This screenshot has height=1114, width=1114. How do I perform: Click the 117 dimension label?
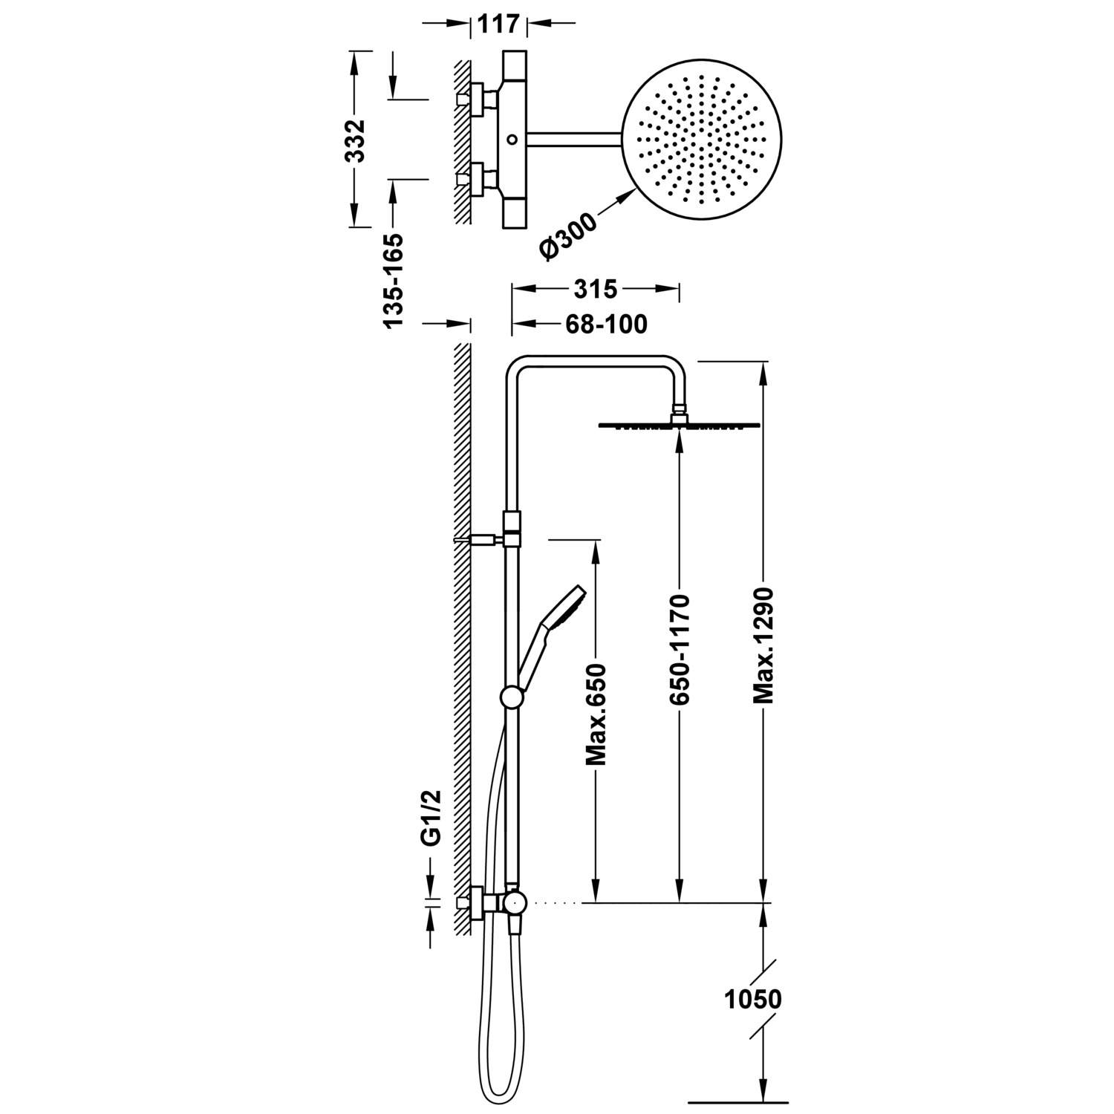(x=498, y=24)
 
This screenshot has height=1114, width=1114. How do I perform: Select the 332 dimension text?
(x=358, y=140)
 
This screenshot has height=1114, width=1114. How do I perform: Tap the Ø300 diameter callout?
(x=570, y=235)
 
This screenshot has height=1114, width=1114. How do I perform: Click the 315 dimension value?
(x=596, y=288)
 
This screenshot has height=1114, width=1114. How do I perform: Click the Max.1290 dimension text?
(x=763, y=645)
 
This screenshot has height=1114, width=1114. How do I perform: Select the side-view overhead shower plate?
(x=679, y=425)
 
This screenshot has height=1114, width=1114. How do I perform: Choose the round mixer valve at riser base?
(x=514, y=902)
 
